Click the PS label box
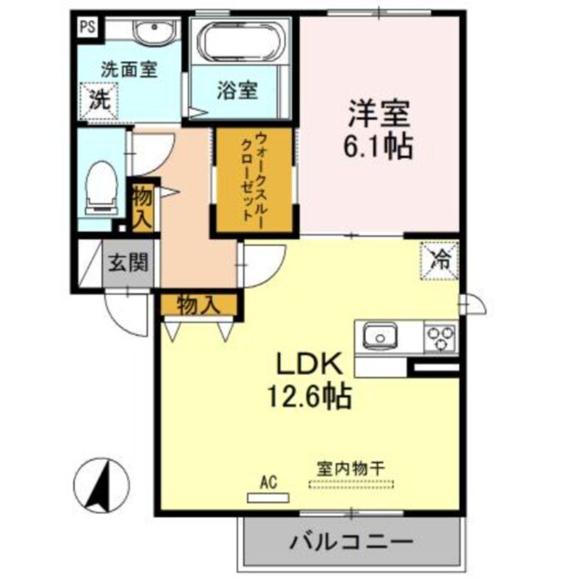(x=87, y=26)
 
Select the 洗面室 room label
(x=130, y=71)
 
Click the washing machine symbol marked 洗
(x=99, y=102)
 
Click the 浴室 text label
(x=237, y=90)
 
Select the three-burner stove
(x=440, y=338)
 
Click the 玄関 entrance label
(x=129, y=265)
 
